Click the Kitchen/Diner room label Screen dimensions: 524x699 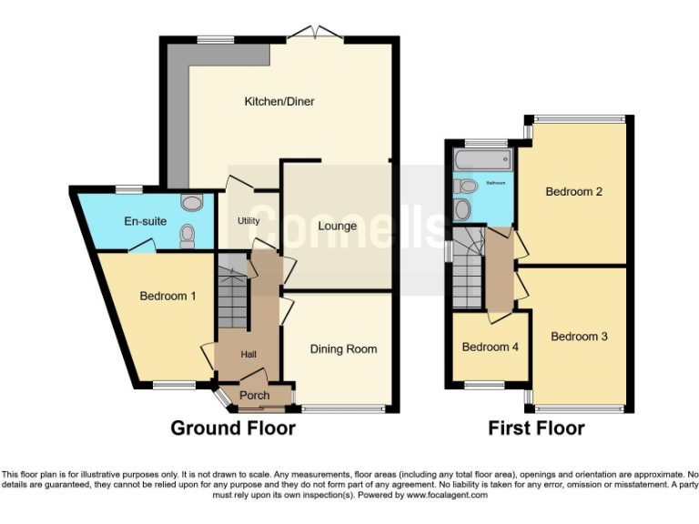pos(279,101)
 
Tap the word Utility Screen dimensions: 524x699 pos(248,221)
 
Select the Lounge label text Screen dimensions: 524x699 pos(337,226)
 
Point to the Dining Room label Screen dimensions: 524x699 pos(343,348)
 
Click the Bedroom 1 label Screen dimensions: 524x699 pos(167,296)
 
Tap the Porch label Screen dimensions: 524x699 pos(254,396)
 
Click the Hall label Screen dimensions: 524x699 pos(248,354)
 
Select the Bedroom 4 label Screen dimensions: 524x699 pos(491,347)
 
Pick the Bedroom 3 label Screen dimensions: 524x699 pos(579,336)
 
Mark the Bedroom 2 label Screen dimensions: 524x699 pos(574,191)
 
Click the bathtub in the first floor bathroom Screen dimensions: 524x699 pos(482,162)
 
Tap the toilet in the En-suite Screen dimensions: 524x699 pos(188,236)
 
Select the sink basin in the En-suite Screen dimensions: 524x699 pos(192,202)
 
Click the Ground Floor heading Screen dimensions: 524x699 pos(233,428)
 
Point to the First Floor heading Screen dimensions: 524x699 pos(536,428)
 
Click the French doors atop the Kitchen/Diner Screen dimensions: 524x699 pos(315,35)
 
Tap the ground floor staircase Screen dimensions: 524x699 pos(231,296)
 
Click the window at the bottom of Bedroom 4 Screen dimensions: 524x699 pos(484,385)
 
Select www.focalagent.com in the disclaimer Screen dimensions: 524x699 pos(446,495)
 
